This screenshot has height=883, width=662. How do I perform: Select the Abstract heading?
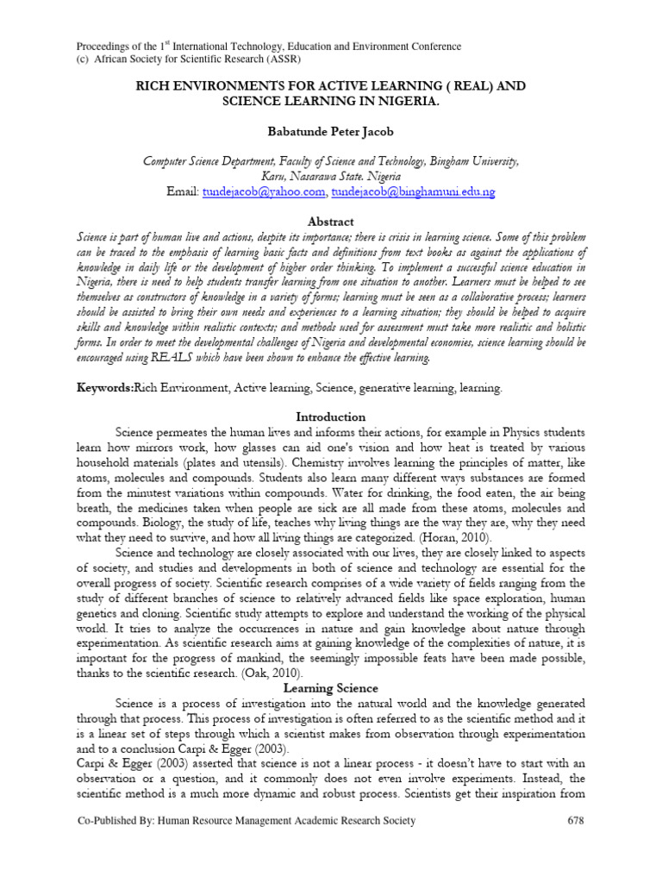(x=331, y=222)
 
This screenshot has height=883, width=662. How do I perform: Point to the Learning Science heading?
(x=331, y=687)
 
